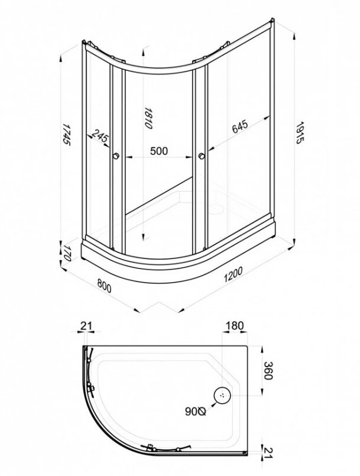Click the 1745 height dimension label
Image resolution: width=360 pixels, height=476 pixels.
66,135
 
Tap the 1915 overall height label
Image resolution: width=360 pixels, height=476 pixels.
300,132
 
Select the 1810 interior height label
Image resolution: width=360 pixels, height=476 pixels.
148,118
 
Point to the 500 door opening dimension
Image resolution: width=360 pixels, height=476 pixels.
159,151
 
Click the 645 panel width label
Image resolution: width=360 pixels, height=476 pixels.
240,127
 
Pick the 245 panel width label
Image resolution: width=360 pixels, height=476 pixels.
100,135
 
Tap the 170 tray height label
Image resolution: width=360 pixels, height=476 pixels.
67,254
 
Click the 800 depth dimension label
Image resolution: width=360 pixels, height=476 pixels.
104,286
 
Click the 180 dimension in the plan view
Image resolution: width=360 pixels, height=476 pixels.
235,326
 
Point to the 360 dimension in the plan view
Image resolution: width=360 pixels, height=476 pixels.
268,370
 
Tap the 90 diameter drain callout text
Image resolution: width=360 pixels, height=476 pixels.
196,412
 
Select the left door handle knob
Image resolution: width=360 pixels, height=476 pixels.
116,156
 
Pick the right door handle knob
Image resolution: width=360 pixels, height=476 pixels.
201,156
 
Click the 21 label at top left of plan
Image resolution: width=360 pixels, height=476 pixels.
86,326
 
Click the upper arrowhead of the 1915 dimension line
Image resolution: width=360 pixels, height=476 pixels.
294,36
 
